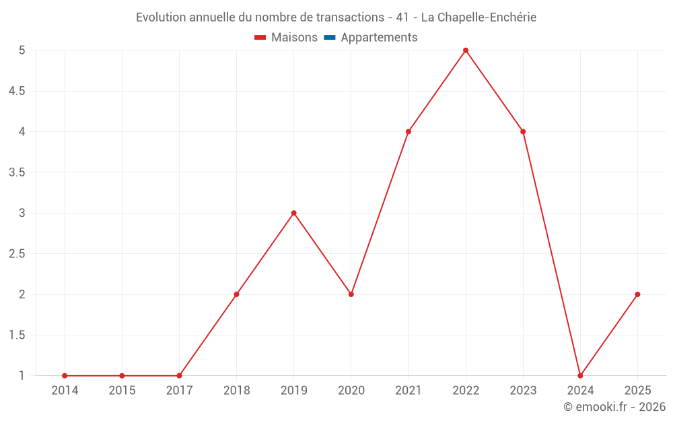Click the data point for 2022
pos(466,51)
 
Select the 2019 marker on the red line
pos(293,213)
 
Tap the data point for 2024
pos(580,375)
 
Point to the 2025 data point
pos(637,294)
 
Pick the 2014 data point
pos(65,375)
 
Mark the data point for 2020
pos(351,294)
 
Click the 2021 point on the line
pos(409,131)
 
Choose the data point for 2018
pos(236,294)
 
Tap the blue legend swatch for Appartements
pos(329,38)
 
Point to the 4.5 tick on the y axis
pos(17,91)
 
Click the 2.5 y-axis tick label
pos(17,254)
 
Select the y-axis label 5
pos(22,51)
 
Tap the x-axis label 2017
pos(179,391)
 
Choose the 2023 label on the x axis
pos(523,391)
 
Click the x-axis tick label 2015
pos(122,391)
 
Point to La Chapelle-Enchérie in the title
pos(479,18)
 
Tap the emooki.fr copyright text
pos(614,407)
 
